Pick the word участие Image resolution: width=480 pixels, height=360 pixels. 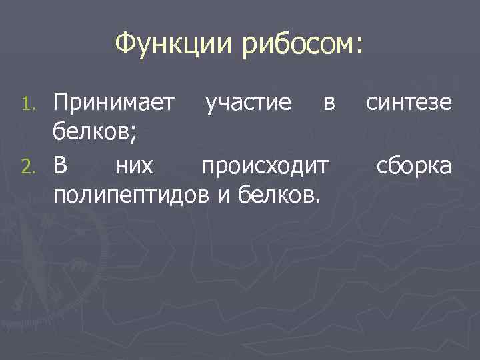(248, 103)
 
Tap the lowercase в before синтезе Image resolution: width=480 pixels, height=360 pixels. (327, 104)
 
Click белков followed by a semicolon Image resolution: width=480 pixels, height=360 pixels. (94, 134)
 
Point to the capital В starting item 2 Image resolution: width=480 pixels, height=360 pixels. (61, 165)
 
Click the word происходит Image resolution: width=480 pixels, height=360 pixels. (265, 166)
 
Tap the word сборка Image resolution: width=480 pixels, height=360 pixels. (414, 166)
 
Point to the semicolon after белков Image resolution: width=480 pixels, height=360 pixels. (136, 137)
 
